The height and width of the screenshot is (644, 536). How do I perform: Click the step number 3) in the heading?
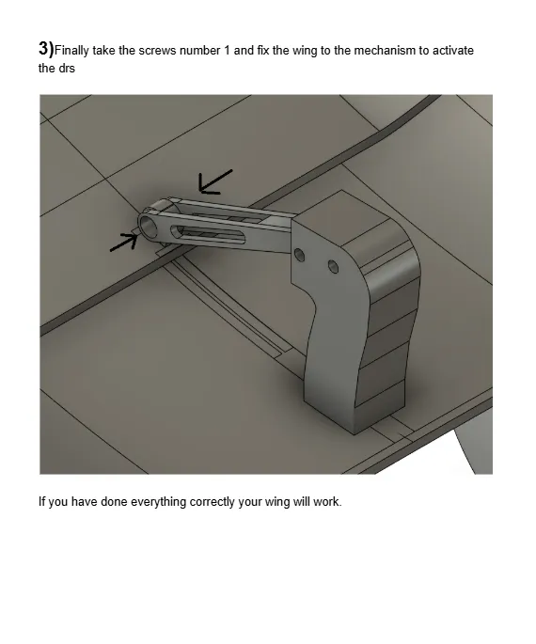coord(46,49)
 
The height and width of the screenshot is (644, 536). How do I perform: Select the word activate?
coord(452,51)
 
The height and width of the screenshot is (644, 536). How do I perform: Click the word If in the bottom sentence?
coord(41,501)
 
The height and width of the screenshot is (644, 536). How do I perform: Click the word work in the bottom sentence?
coord(328,501)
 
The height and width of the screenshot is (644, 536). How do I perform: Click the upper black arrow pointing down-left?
coord(214,180)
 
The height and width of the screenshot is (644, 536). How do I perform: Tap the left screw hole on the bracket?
coord(299,255)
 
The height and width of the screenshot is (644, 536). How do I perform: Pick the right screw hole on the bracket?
coord(332,267)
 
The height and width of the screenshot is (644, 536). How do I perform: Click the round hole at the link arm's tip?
coord(149,225)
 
